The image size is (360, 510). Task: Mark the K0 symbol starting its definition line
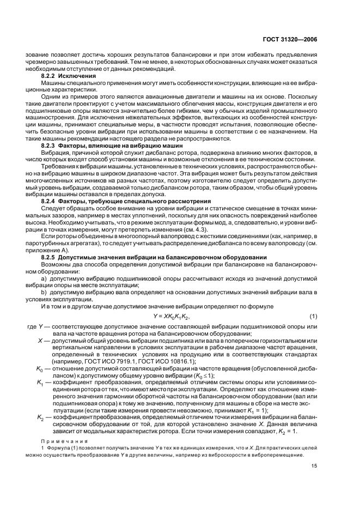coord(39,369)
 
